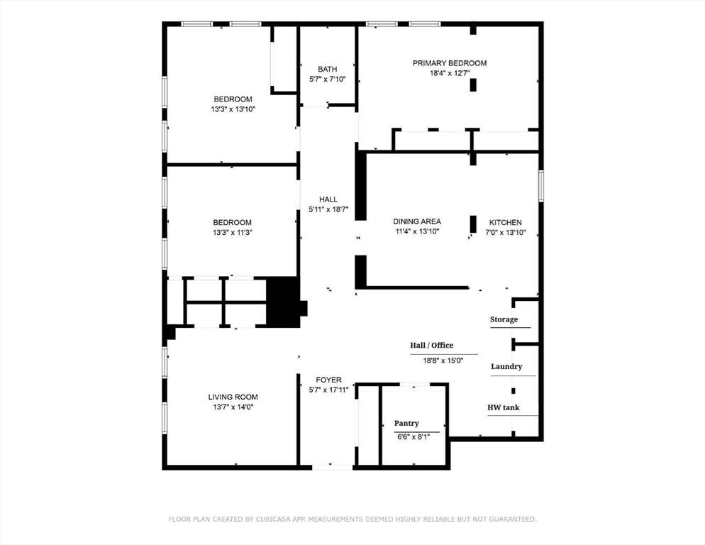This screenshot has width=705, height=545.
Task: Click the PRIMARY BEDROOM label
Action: [450, 63]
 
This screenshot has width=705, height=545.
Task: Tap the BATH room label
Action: [327, 69]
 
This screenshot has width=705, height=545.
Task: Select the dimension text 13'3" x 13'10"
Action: [233, 109]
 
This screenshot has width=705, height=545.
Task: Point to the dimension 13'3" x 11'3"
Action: [233, 232]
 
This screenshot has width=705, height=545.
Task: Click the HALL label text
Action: [328, 199]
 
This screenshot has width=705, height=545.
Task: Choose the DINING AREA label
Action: [417, 221]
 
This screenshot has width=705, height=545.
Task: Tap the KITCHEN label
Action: [505, 222]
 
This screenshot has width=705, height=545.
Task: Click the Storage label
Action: [504, 319]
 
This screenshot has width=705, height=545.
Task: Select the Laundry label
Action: [506, 366]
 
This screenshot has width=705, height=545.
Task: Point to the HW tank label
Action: [504, 407]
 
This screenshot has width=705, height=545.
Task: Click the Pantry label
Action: [406, 423]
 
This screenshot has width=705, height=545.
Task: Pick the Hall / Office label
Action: [431, 346]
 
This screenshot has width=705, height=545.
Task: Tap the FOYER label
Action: [328, 380]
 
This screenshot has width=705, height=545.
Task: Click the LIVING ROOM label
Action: [233, 397]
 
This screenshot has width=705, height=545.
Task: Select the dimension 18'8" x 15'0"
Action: [443, 360]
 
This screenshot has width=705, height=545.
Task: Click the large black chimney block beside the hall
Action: [284, 301]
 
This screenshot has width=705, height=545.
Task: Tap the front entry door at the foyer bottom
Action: [332, 467]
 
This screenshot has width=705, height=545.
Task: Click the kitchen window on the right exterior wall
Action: [540, 185]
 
